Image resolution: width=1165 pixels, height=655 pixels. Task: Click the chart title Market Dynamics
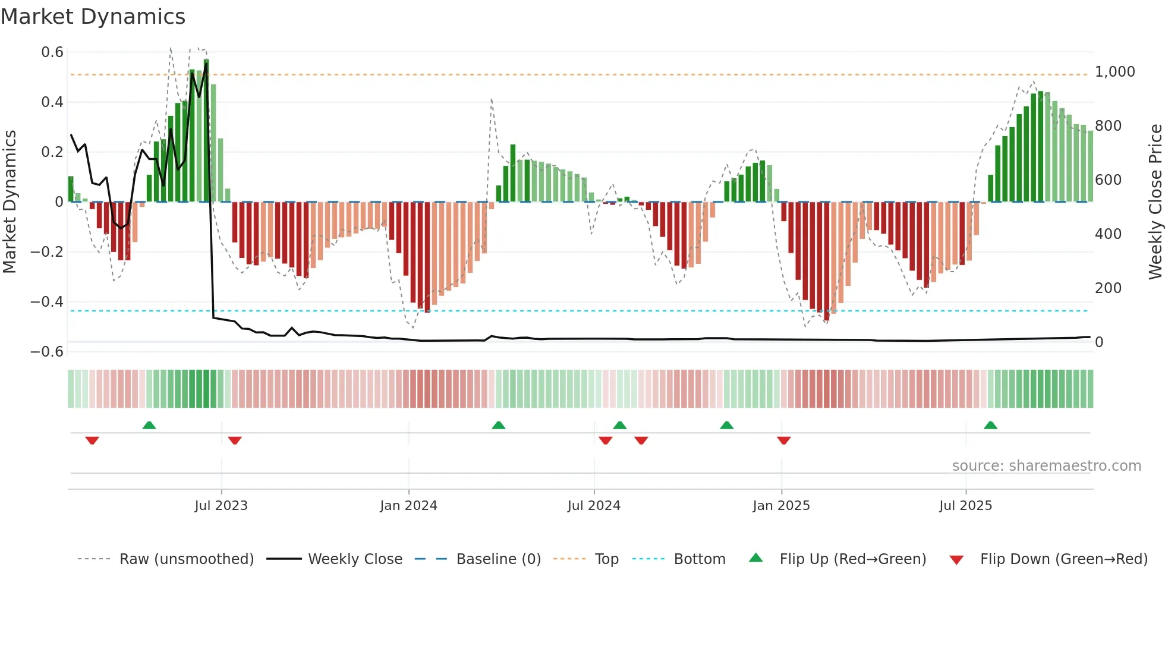(93, 17)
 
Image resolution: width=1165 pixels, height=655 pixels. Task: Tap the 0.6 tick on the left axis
(52, 52)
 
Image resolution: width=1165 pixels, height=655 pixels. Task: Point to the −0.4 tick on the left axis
(47, 302)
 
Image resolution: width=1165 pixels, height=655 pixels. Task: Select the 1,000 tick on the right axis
(1114, 72)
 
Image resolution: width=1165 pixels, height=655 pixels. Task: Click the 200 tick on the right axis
(1108, 288)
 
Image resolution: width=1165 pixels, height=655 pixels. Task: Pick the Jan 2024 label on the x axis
(408, 506)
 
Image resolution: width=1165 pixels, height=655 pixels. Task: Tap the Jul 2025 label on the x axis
(965, 506)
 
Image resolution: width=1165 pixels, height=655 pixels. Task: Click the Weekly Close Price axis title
(1155, 201)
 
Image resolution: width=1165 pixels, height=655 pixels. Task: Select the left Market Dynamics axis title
(10, 201)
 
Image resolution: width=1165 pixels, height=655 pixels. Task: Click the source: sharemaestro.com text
(1046, 466)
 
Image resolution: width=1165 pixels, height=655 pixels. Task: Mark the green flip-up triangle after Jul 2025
(990, 426)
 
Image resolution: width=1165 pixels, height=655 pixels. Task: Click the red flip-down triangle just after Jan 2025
(783, 440)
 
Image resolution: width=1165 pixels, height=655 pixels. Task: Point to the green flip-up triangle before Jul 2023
(149, 426)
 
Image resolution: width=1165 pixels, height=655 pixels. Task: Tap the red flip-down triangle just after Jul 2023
(235, 440)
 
